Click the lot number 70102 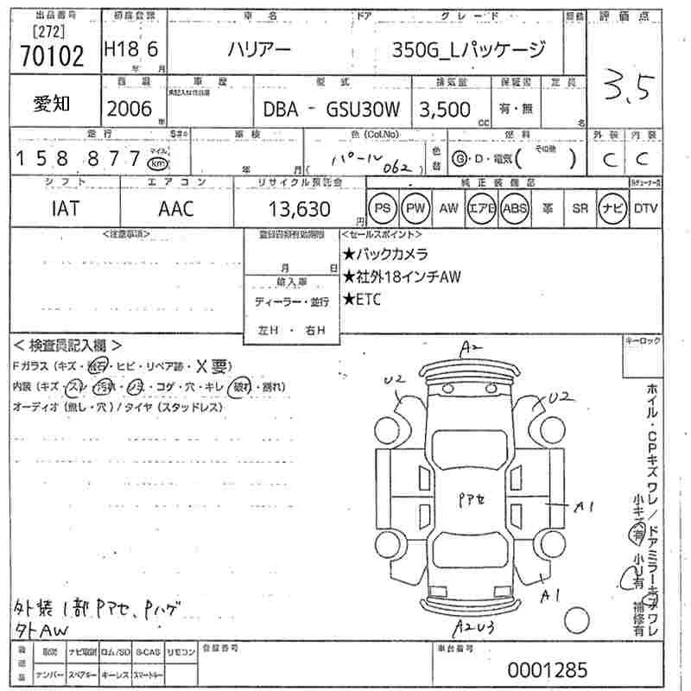(x=51, y=56)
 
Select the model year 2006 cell (x=129, y=108)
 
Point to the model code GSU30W (x=362, y=110)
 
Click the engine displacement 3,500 (x=445, y=109)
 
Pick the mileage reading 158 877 (x=77, y=158)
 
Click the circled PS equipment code (x=382, y=208)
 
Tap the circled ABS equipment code (x=515, y=208)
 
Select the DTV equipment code (x=645, y=208)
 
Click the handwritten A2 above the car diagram (x=471, y=348)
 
